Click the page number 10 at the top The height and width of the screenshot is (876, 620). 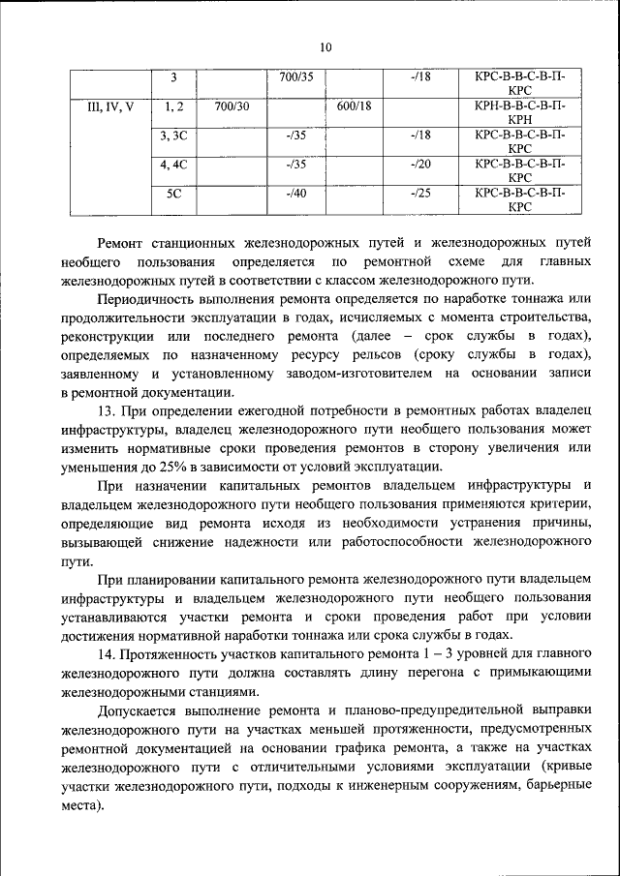point(325,47)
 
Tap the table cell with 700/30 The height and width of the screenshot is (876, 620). point(232,106)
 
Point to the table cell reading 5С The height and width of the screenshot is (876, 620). point(174,193)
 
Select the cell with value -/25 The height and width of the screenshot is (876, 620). point(420,193)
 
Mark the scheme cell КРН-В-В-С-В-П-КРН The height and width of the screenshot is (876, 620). point(519,113)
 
